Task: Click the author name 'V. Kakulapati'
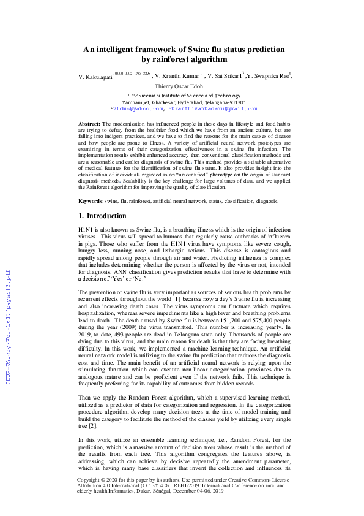click(96, 76)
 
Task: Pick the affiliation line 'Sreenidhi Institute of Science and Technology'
click(184, 96)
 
